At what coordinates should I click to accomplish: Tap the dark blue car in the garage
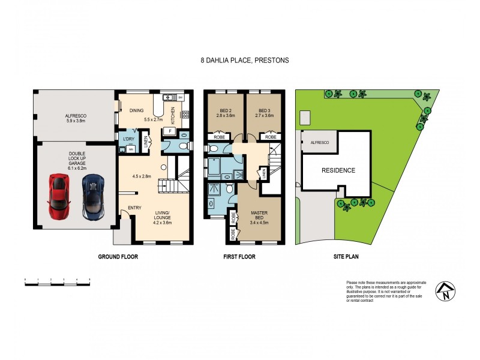coord(93,196)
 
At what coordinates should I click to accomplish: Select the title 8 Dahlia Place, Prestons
coord(239,61)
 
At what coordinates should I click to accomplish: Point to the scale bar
coord(57,282)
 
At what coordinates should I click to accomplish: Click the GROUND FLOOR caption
coord(118,257)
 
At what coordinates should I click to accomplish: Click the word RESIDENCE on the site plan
coord(338,170)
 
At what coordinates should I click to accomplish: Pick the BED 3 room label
coord(265,113)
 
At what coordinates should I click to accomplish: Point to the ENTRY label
coord(127,209)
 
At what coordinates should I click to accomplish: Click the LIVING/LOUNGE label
coord(162,215)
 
